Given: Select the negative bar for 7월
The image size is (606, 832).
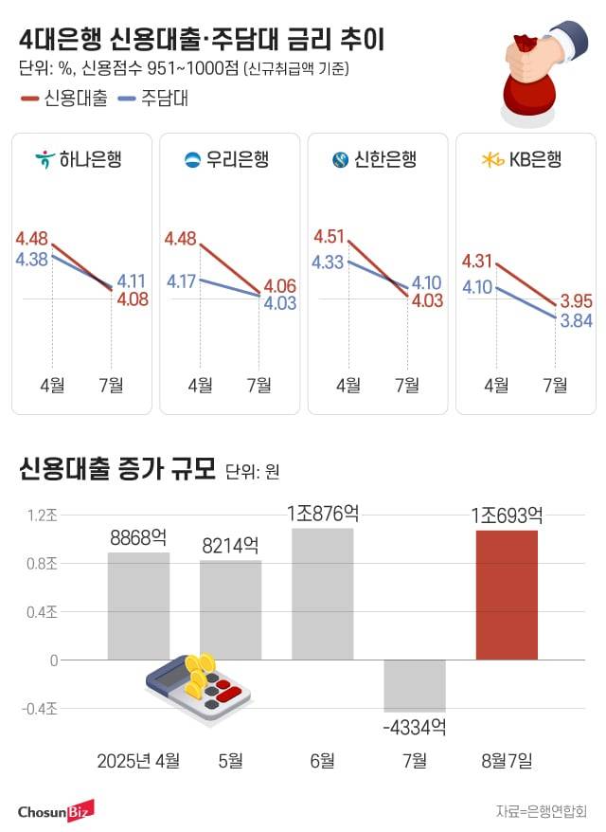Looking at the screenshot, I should tap(415, 685).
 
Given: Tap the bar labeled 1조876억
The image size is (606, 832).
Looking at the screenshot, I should tap(323, 594).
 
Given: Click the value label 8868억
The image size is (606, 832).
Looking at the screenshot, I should tap(138, 536).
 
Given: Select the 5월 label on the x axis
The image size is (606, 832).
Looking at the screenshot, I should tap(230, 760).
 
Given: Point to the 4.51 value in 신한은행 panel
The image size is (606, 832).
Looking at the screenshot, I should tap(329, 237).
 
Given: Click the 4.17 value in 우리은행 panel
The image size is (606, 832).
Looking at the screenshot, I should tap(180, 280).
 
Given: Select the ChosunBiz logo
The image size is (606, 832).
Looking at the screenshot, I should tap(56, 811).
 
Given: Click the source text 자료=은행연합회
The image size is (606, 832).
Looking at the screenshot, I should tap(541, 811).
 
